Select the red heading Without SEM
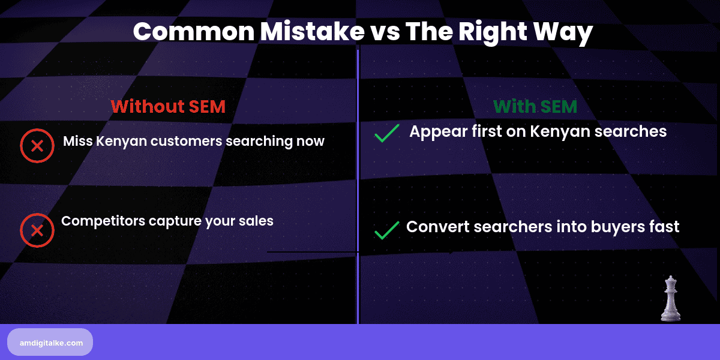tap(168, 107)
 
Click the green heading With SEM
tap(535, 107)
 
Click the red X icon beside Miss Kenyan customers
tap(37, 145)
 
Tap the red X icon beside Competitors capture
tap(37, 230)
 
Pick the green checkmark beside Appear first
tap(387, 133)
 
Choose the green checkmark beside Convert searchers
tap(387, 230)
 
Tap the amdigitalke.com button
tap(50, 342)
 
